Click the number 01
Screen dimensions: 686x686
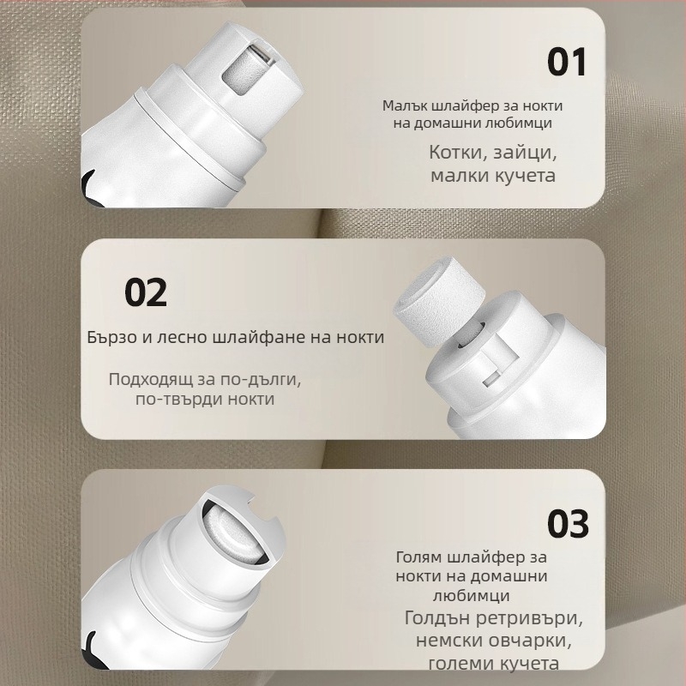(x=567, y=62)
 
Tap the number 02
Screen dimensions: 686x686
(x=146, y=292)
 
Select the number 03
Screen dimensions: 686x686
(x=568, y=524)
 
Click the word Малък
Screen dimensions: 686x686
(x=405, y=105)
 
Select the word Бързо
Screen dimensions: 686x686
(x=111, y=337)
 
